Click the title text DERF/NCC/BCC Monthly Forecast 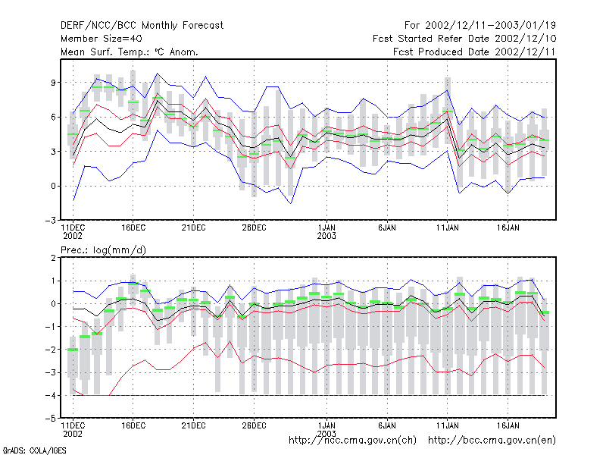[x=142, y=26]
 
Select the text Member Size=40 [x=102, y=39]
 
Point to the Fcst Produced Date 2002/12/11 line [x=474, y=52]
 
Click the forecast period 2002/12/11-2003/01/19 [x=480, y=26]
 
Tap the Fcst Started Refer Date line [x=464, y=39]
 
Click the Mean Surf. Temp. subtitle [x=130, y=52]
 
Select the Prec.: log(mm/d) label [x=103, y=250]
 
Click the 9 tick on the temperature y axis [x=53, y=83]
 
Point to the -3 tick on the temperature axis [x=51, y=221]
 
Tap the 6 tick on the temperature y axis [x=53, y=117]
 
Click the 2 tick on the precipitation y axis [x=53, y=258]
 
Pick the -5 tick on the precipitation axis [x=51, y=419]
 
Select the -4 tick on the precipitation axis [x=51, y=395]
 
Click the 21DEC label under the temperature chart [x=194, y=228]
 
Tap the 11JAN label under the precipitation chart [x=448, y=425]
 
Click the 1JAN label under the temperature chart [x=326, y=228]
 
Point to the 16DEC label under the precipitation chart [x=133, y=425]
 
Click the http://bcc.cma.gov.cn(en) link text [x=492, y=441]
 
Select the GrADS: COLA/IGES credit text [x=34, y=450]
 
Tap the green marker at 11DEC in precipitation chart [x=73, y=350]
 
